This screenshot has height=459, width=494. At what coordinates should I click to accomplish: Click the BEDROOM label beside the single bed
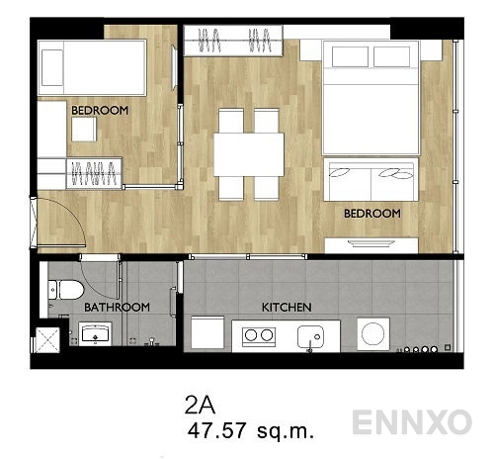tap(100, 111)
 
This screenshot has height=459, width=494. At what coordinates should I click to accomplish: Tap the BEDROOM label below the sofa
tap(371, 213)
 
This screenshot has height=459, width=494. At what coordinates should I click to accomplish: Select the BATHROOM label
tap(117, 308)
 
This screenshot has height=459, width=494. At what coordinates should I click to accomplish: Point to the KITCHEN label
tap(287, 308)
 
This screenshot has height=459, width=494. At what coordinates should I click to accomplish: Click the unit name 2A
tap(199, 404)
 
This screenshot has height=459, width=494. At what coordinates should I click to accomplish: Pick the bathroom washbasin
tap(100, 336)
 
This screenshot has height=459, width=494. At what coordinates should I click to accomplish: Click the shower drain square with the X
tap(45, 338)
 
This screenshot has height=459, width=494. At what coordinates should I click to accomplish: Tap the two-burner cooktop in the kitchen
tap(258, 335)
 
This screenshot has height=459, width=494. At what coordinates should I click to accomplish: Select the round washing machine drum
tap(373, 333)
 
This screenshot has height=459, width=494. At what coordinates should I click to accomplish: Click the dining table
tap(248, 153)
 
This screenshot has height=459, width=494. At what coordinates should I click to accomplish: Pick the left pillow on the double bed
tap(350, 56)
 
